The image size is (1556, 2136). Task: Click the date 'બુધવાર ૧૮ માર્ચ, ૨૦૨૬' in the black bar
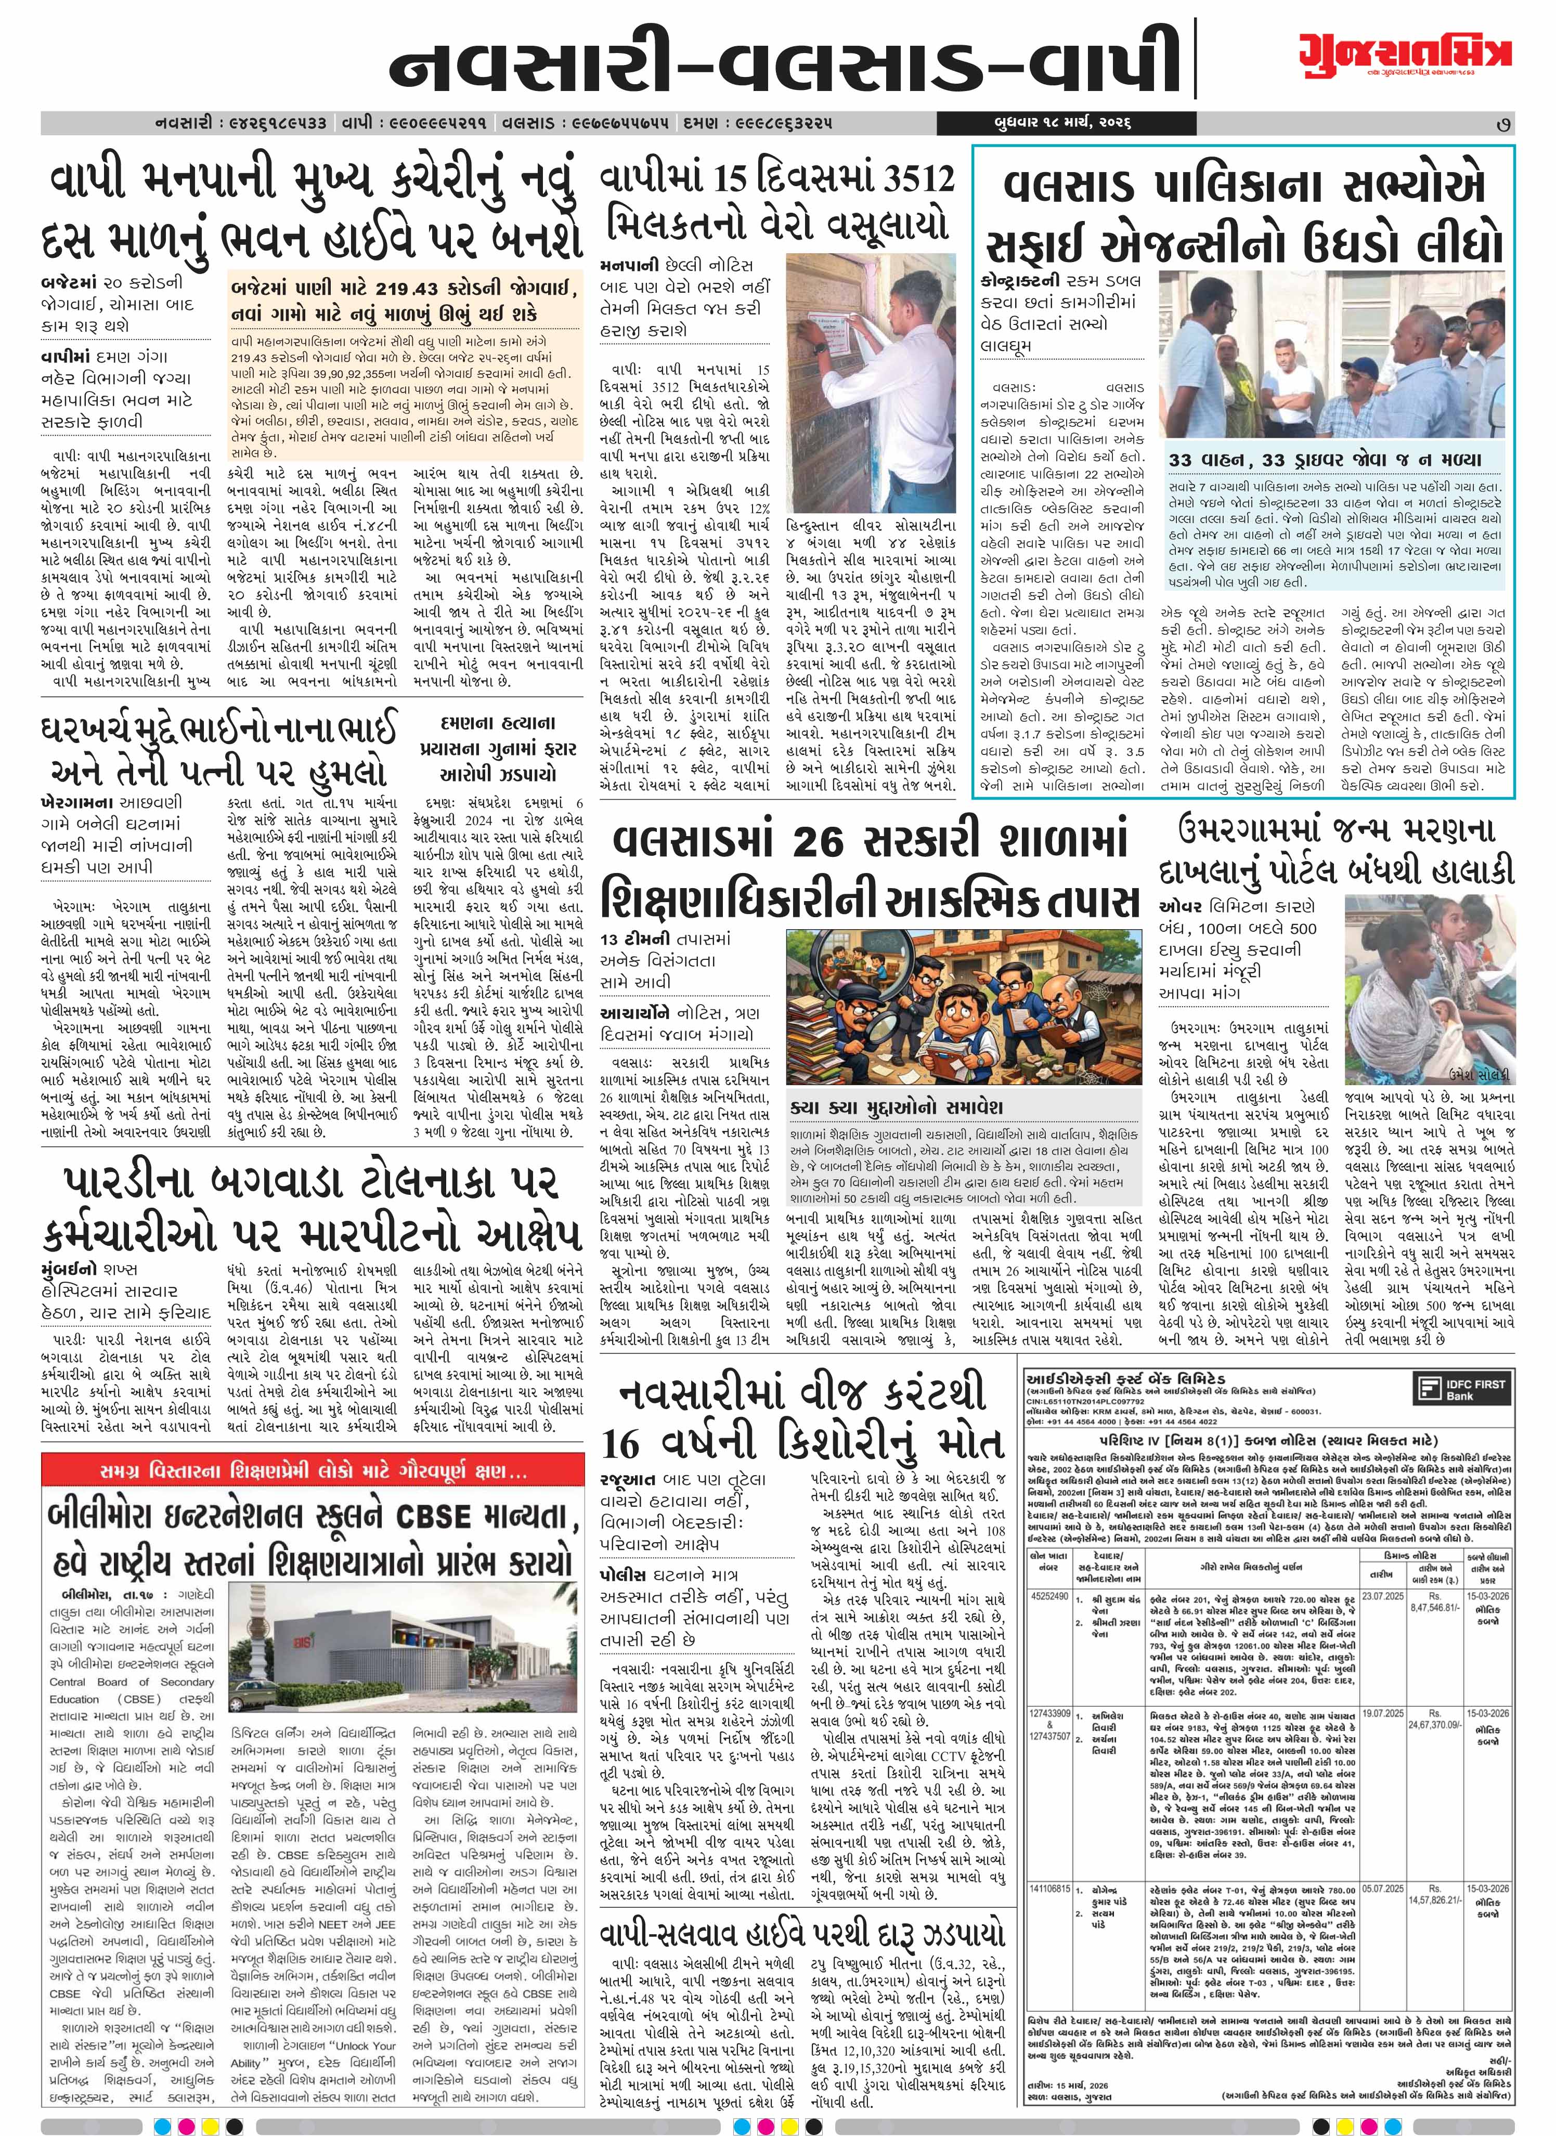tap(1060, 123)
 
